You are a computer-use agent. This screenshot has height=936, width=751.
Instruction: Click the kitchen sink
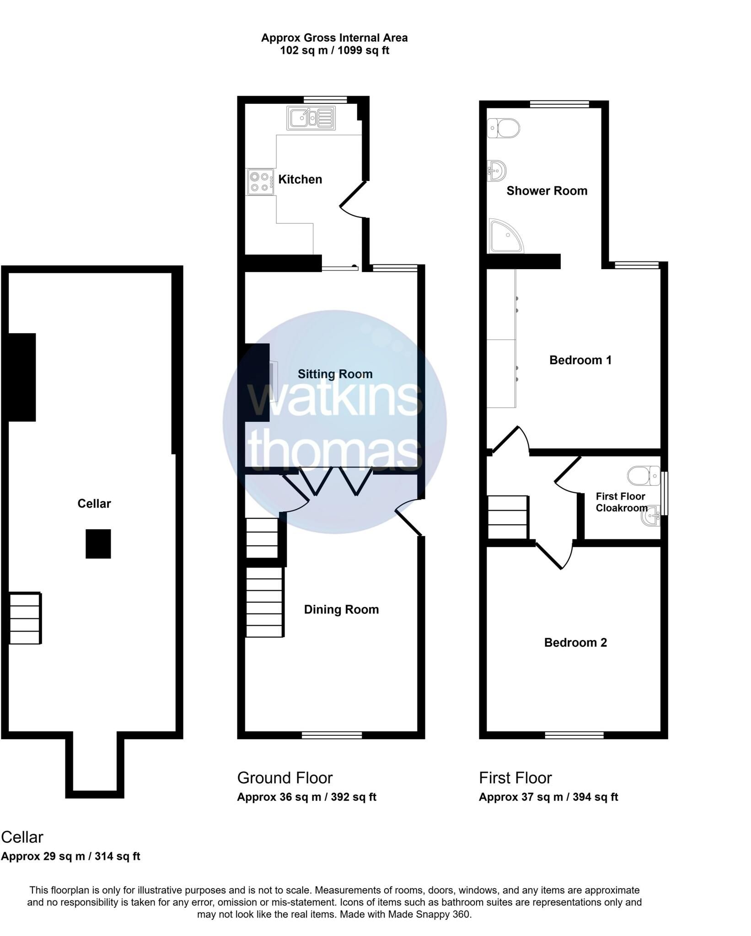311,117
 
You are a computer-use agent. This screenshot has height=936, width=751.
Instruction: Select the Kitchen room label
300,179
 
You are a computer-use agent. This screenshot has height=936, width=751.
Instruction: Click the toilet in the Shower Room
504,128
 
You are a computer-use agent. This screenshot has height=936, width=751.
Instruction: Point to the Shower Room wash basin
497,171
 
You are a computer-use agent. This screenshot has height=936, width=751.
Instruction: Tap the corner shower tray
506,236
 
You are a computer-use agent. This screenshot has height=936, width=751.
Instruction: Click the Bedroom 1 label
580,360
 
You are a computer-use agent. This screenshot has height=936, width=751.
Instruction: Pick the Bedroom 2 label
575,643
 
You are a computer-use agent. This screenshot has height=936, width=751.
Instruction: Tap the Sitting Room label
335,374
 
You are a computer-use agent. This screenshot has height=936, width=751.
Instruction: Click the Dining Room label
341,610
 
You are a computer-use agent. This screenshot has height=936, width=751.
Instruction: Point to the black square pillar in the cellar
98,544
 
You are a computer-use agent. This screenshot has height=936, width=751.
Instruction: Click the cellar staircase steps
26,618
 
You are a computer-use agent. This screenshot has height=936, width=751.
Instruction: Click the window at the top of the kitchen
326,99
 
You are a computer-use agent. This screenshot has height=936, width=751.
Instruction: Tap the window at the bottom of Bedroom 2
574,735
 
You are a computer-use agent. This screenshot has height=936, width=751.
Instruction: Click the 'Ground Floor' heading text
285,778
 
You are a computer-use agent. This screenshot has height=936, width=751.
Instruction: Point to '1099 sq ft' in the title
363,50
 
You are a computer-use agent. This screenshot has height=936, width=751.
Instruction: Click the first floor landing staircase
508,518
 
